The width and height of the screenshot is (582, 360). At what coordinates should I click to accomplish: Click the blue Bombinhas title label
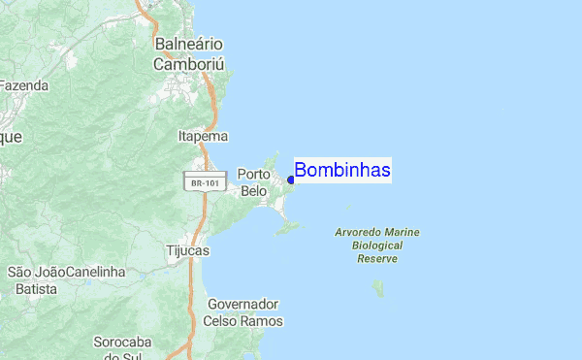342,171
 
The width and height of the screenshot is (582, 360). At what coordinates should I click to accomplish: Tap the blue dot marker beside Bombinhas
291,180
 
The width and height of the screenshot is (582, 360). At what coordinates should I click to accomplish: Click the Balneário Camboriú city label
188,54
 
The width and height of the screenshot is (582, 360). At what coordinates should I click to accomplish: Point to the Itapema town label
203,137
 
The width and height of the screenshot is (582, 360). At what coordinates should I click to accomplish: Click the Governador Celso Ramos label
244,312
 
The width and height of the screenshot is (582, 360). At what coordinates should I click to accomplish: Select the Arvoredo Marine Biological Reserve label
377,245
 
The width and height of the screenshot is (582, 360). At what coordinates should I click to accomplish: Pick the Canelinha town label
97,272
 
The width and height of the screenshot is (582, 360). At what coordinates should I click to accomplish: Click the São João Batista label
34,280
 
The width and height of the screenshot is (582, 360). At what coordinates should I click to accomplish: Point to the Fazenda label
23,85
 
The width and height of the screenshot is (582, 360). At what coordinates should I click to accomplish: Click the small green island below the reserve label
378,288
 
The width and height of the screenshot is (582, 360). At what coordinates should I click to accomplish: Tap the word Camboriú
188,64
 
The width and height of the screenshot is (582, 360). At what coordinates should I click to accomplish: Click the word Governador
244,304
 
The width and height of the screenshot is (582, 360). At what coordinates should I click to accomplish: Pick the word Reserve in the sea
377,259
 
